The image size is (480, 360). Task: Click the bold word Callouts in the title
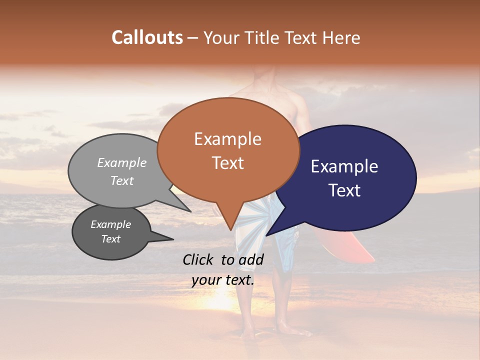coord(147,37)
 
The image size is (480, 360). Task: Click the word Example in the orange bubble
coord(227,139)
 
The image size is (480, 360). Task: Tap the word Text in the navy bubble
coord(344,190)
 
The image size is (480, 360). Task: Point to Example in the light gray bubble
coord(122,162)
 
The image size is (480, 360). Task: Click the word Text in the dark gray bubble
coord(111,239)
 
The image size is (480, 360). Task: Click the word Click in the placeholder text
coord(200,259)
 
